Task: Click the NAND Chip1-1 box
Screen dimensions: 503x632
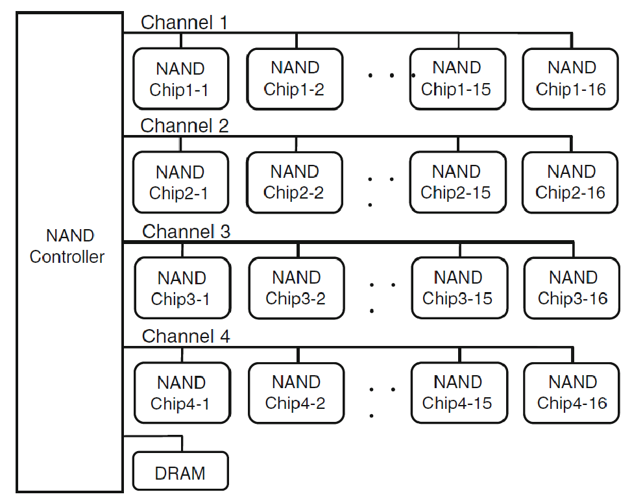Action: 180,79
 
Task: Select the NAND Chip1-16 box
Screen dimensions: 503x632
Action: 570,79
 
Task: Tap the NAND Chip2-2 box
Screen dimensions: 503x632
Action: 295,182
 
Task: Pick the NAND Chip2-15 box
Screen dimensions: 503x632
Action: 457,182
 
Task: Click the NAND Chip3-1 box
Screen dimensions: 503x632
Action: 182,288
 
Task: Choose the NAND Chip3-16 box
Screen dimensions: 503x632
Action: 572,288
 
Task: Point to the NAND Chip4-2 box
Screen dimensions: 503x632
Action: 296,393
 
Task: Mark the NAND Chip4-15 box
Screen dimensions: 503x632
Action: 458,393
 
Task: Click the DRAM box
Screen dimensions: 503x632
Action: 180,472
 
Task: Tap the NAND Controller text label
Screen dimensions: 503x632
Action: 67,247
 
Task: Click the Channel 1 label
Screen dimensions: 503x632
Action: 184,23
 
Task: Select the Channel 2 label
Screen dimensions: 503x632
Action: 184,126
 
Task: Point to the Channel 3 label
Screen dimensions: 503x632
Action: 186,232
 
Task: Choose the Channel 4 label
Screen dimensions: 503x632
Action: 186,336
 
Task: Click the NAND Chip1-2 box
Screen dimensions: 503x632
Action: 295,79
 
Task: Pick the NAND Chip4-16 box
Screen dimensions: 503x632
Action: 572,393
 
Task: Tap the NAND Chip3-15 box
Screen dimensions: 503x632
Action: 458,288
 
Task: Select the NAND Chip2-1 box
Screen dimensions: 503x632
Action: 180,182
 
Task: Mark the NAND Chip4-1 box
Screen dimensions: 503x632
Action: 182,393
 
